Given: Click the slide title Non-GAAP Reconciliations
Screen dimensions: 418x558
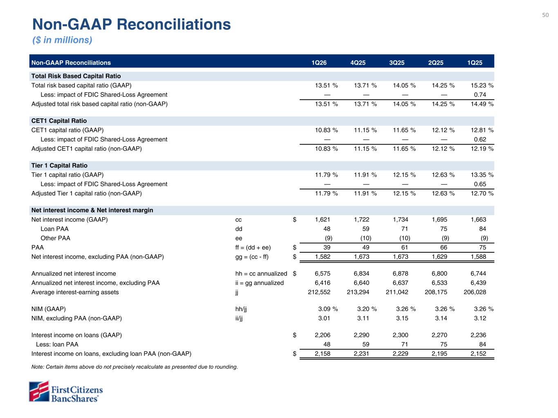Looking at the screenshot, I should (131, 24).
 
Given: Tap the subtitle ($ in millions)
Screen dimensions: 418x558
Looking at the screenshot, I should (62, 40).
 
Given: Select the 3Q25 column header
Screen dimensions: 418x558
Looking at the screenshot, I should (397, 63).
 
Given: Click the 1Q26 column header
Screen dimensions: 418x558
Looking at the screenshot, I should (319, 63).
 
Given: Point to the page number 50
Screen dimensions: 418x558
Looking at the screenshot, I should (545, 15).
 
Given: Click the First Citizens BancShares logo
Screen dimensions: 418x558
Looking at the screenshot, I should (65, 391).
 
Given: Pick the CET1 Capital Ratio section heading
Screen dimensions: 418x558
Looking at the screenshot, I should (59, 121).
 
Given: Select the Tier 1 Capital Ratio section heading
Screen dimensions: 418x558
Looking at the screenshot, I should (59, 166).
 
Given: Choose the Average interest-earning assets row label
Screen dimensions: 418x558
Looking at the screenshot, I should (75, 292).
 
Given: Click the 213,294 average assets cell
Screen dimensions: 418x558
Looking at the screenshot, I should (358, 292).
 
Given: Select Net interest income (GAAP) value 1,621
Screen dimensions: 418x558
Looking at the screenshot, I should (323, 220).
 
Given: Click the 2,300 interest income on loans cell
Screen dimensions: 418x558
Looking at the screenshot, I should (400, 336).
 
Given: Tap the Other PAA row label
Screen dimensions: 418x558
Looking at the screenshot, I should (55, 238).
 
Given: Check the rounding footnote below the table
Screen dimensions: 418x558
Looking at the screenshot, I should (134, 367).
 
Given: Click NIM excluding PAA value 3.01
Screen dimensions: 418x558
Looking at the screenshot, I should (324, 318).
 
